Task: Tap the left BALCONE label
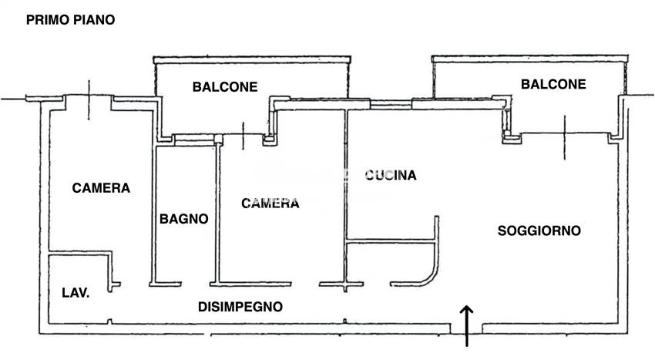coord(224,87)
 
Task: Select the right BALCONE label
coord(553,84)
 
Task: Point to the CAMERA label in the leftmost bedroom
coord(101,187)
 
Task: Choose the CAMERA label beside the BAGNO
coord(270,204)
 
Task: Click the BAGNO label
coord(183,219)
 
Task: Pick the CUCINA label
coord(391,175)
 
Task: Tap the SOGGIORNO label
coord(539,230)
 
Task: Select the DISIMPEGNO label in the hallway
coord(240,306)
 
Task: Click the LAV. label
coord(75,292)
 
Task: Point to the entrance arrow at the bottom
coord(467,323)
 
